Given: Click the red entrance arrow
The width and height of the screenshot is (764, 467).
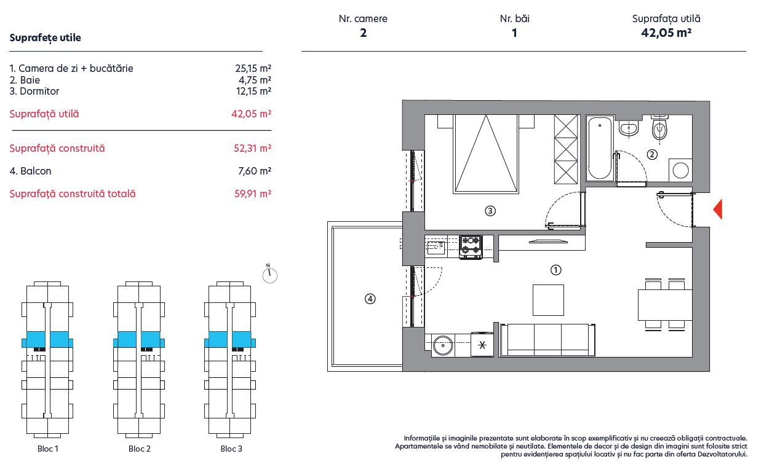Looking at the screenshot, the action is coord(718,209).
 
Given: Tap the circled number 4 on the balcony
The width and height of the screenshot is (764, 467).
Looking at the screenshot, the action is coord(370,299).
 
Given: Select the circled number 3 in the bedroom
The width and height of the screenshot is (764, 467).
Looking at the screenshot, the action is coord(490,211).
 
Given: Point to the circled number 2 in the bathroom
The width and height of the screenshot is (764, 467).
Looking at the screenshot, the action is coord(652,155).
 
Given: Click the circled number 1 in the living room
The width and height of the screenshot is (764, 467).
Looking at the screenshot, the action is coord(555,270).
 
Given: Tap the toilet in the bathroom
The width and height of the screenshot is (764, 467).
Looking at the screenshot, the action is coord(659,128).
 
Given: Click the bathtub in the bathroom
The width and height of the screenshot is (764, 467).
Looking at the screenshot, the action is coord(600,148).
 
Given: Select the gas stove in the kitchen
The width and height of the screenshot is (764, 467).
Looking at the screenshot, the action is coord(471,246).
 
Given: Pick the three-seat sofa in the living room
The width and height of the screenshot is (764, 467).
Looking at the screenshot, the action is coord(547,340).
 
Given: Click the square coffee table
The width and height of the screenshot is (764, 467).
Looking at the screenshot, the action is coord(549,300).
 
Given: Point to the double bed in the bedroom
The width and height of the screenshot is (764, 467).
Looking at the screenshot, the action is coord(486,154).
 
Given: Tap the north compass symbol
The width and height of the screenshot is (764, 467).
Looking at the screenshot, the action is coord(269,274).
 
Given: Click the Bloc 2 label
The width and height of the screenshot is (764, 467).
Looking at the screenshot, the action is coord(140,449).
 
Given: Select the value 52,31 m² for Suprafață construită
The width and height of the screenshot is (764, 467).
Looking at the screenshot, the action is coord(252,148).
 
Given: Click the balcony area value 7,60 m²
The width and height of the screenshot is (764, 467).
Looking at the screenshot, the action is coord(255,171).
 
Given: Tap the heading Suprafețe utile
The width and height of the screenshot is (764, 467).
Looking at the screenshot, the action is coord(46,37).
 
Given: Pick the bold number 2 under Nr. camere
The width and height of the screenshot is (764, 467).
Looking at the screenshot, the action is coord(364,33).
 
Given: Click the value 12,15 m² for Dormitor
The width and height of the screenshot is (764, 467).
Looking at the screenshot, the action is coord(253,91).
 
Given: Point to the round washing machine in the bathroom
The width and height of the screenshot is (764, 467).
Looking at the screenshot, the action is coord(680,170).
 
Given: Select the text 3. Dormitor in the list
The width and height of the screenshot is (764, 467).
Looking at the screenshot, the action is coord(34,91).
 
